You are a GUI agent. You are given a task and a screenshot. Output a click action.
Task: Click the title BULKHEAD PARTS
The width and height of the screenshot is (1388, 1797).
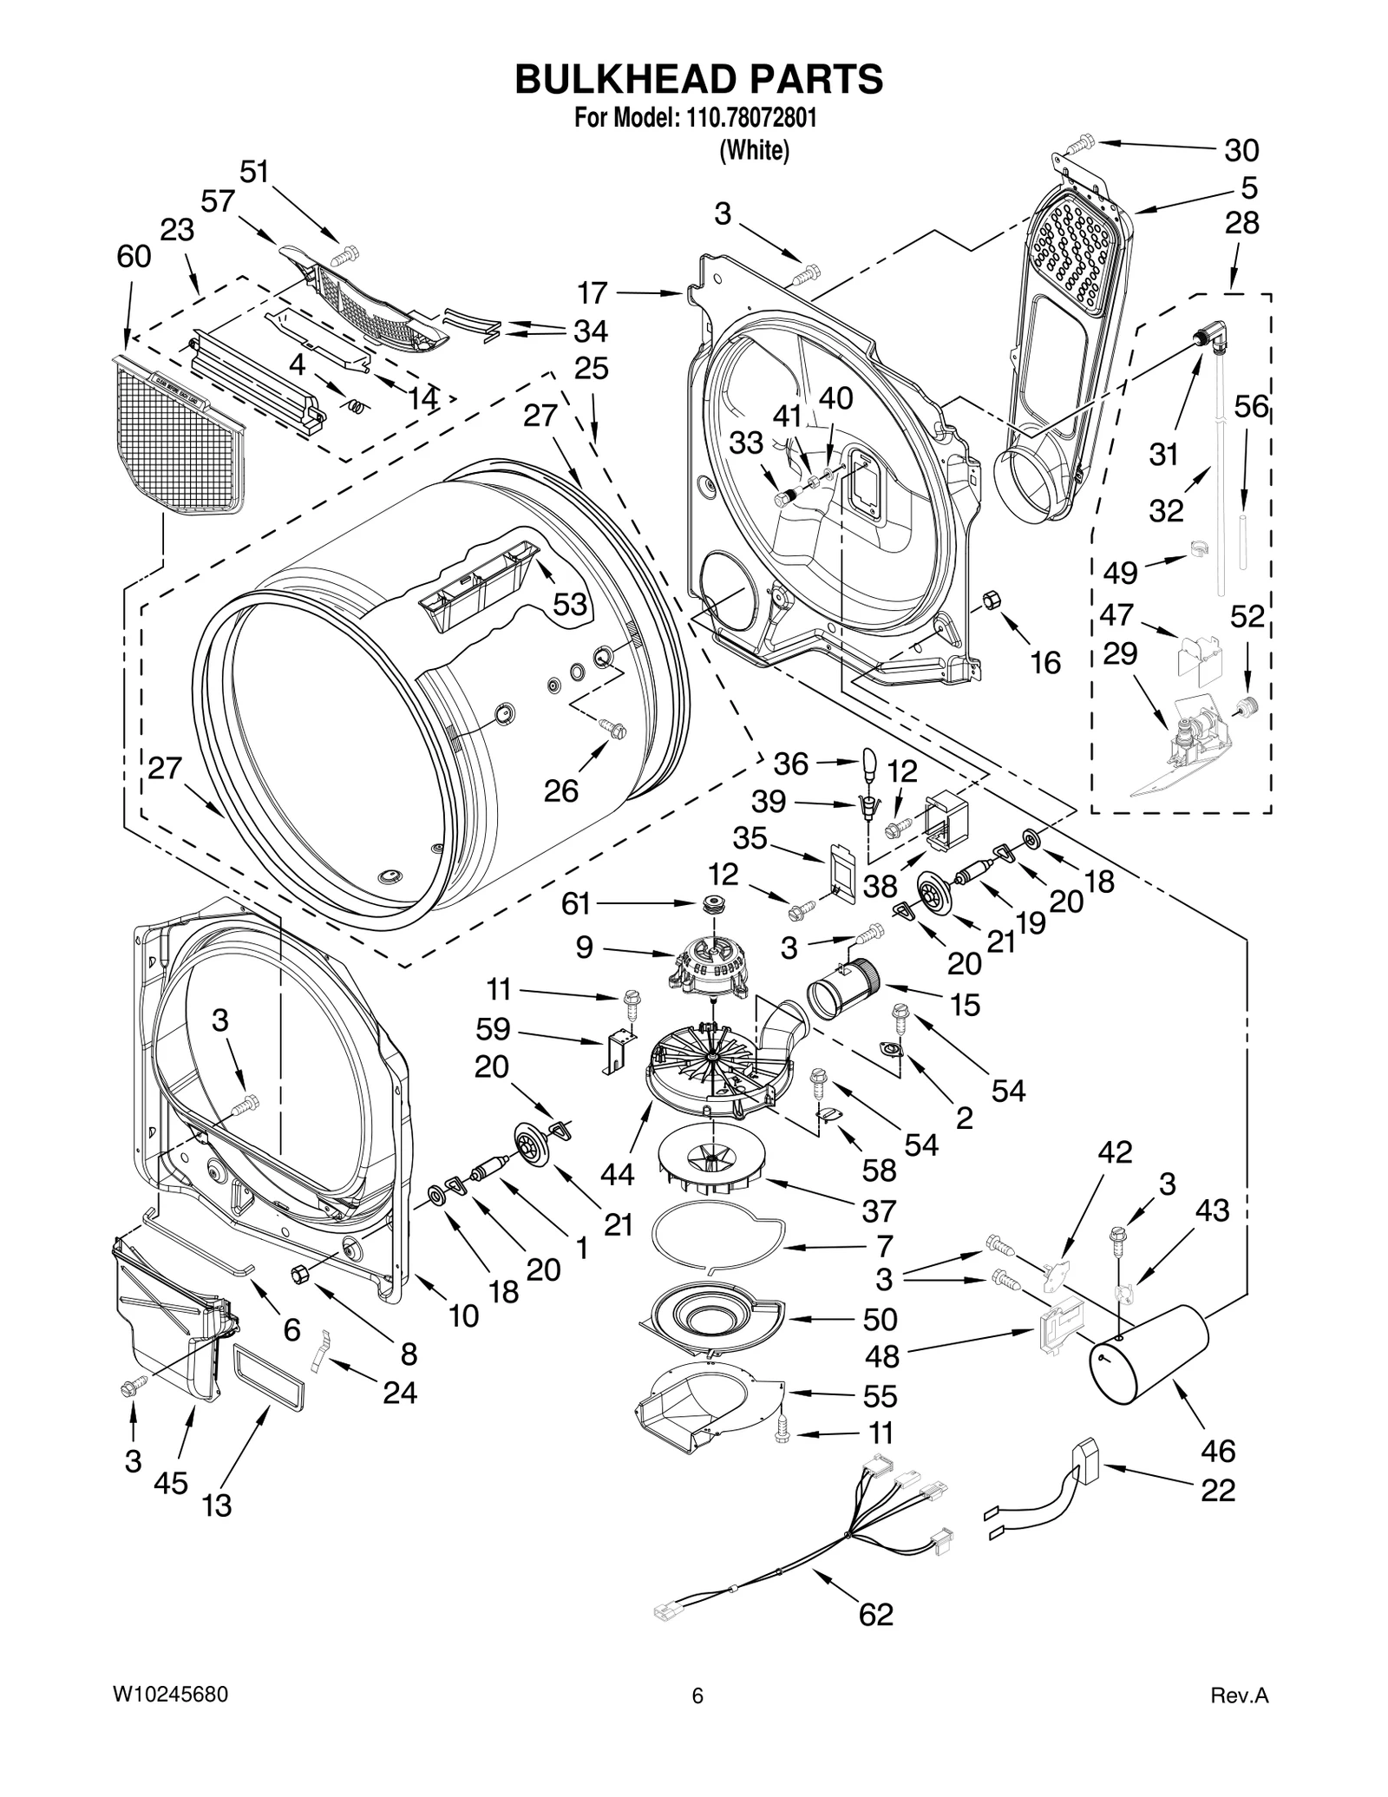[698, 79]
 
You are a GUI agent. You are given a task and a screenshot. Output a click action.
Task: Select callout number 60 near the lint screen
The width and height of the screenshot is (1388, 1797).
[134, 257]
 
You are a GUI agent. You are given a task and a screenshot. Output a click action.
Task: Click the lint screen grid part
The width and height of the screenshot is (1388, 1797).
[182, 434]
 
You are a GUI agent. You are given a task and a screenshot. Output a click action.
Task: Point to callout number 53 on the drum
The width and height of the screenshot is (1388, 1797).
[570, 604]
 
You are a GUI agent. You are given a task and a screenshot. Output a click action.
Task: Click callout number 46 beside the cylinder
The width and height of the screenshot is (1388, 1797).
[1218, 1450]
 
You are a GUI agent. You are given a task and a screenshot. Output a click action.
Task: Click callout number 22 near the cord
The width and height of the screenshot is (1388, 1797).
[1218, 1491]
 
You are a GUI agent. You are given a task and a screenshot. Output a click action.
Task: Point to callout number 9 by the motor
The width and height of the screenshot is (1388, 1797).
[584, 947]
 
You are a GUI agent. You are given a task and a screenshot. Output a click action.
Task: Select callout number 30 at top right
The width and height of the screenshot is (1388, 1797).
[1241, 151]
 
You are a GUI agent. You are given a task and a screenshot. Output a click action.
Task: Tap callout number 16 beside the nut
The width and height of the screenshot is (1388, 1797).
[1045, 663]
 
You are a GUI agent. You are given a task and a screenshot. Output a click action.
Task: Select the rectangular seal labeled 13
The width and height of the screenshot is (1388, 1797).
[267, 1380]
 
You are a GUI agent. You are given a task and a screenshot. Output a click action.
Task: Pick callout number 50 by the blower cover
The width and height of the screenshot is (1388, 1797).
[880, 1320]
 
